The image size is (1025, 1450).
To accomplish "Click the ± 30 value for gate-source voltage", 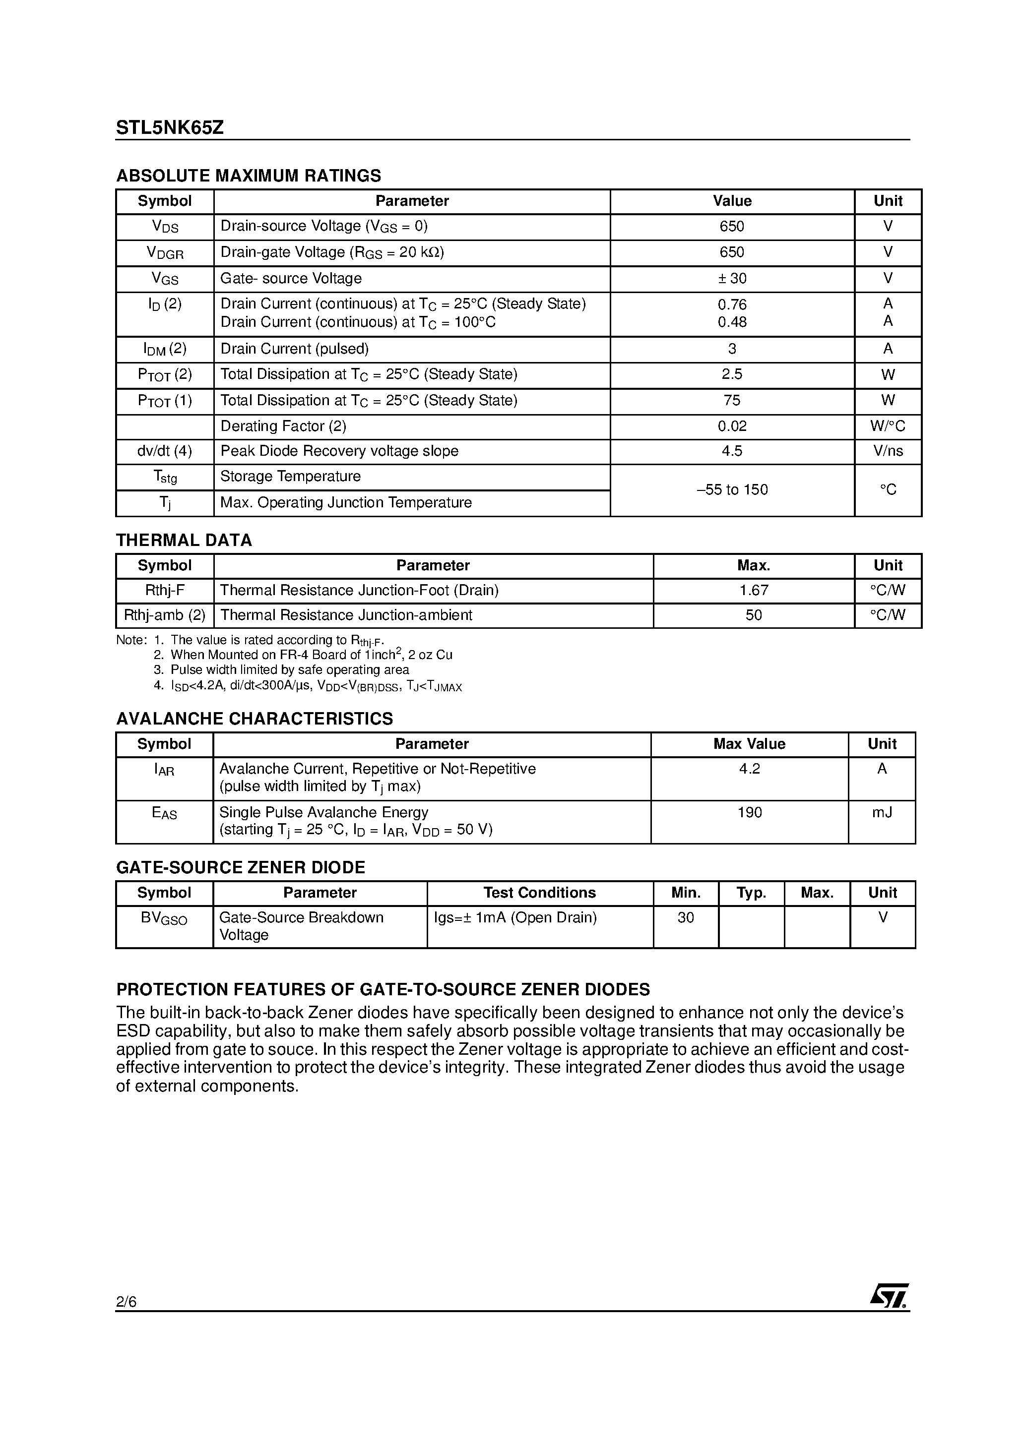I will point(732,279).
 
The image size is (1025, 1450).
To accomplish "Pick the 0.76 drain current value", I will point(732,304).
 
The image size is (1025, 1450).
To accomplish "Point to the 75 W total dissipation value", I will point(732,400).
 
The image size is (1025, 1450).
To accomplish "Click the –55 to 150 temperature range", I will point(732,489).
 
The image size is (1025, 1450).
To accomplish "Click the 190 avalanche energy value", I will point(750,812).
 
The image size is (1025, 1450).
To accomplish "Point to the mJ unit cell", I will point(882,812).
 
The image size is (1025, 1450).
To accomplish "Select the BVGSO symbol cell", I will point(164,919).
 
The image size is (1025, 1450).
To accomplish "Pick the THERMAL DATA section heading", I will point(184,540).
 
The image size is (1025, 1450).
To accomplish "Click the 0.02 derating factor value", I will point(732,426).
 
